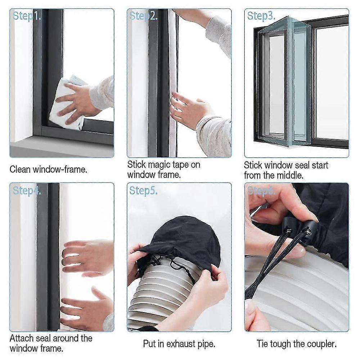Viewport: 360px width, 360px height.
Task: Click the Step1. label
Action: [27, 16]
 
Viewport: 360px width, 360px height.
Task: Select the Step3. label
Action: [261, 16]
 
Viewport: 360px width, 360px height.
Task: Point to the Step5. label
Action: [143, 190]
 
